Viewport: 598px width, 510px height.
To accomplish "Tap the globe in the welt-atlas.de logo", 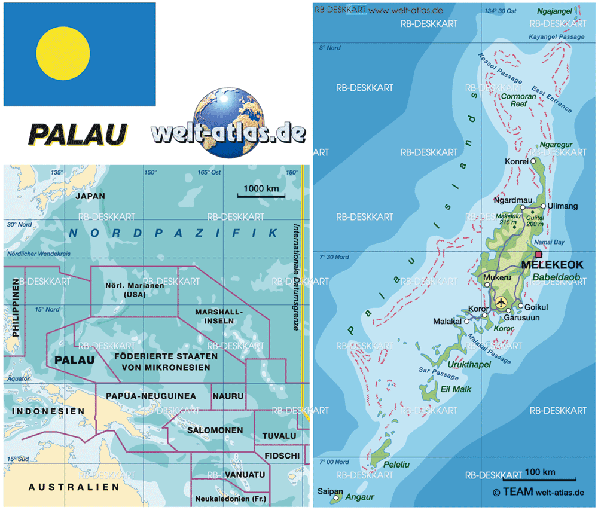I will pyautogui.click(x=225, y=124).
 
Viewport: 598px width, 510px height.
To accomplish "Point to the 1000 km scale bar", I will pyautogui.click(x=261, y=196).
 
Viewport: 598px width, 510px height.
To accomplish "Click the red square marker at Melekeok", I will pyautogui.click(x=539, y=255).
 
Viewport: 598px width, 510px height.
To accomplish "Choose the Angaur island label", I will pyautogui.click(x=362, y=497).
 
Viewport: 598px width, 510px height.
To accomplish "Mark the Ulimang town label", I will pyautogui.click(x=563, y=206).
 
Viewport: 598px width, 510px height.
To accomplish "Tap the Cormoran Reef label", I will pyautogui.click(x=518, y=99).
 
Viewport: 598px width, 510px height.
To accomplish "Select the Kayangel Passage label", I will pyautogui.click(x=557, y=37).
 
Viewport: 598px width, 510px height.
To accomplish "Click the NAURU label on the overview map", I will pyautogui.click(x=228, y=396).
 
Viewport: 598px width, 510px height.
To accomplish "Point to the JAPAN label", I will pyautogui.click(x=90, y=196).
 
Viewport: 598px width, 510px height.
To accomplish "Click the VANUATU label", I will pyautogui.click(x=245, y=475).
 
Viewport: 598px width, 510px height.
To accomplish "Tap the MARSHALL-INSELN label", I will pyautogui.click(x=219, y=316).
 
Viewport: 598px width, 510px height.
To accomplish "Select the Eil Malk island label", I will pyautogui.click(x=456, y=389).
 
